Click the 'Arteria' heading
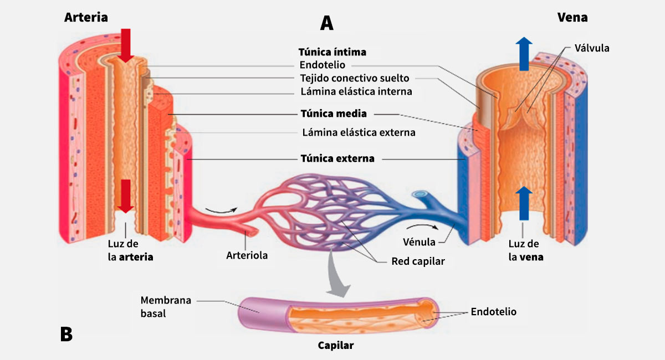[x=86, y=18]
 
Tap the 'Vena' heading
[x=572, y=18]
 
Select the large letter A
[x=327, y=23]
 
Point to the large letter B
[x=66, y=334]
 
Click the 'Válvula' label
[x=591, y=48]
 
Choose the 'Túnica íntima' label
[x=332, y=52]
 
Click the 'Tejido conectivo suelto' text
[x=355, y=78]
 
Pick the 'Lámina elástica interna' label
[x=356, y=91]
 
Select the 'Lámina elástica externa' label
[x=359, y=132]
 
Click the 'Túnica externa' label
[x=337, y=158]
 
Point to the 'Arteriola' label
[x=247, y=255]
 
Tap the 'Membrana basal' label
[x=166, y=307]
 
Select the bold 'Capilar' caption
[x=335, y=346]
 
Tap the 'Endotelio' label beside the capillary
[x=493, y=312]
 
